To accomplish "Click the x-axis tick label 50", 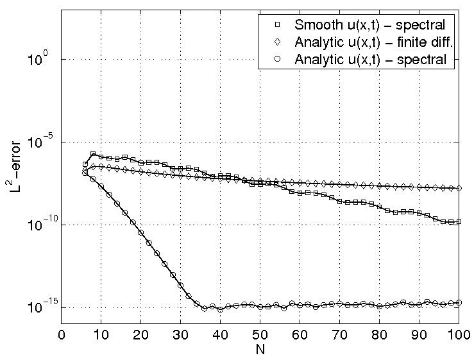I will pos(260,335).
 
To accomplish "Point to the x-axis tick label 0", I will pos(62,335).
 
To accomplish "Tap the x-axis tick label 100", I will pos(458,335).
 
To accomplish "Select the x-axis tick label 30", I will pos(181,335).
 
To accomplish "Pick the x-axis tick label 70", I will pos(340,335).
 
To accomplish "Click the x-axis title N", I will pos(260,350).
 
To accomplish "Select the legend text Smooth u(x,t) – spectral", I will pos(369,26).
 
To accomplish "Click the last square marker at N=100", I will pos(459,222).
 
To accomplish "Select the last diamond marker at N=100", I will pos(459,188).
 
